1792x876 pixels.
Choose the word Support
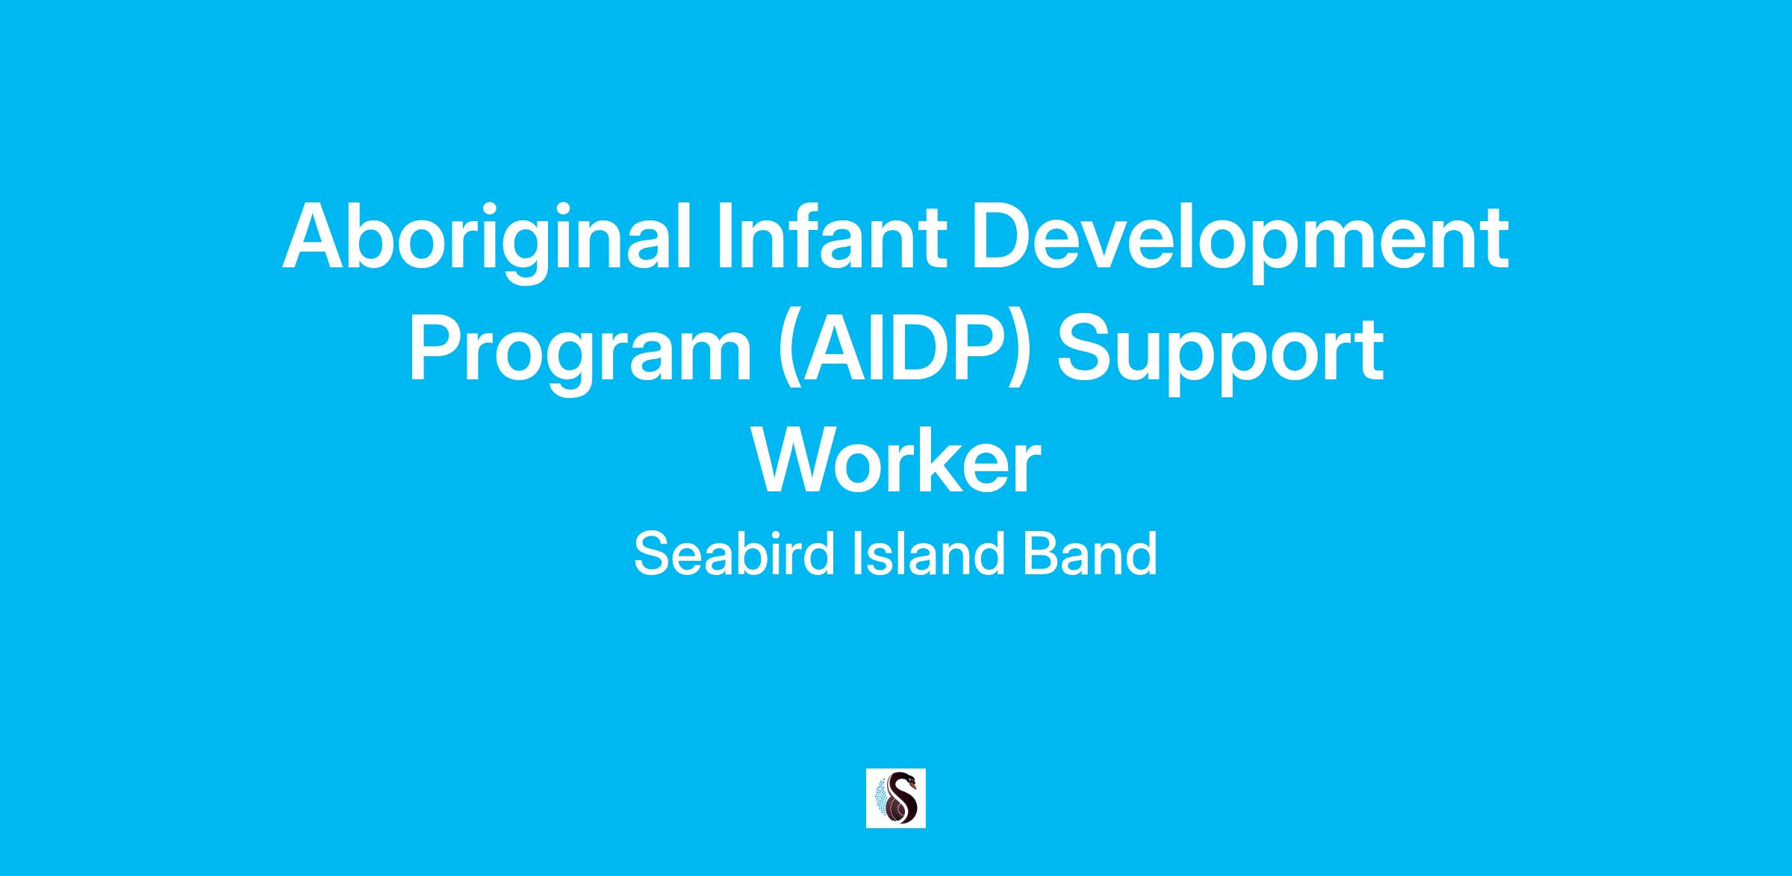[1220, 352]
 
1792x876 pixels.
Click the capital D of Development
[1000, 236]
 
